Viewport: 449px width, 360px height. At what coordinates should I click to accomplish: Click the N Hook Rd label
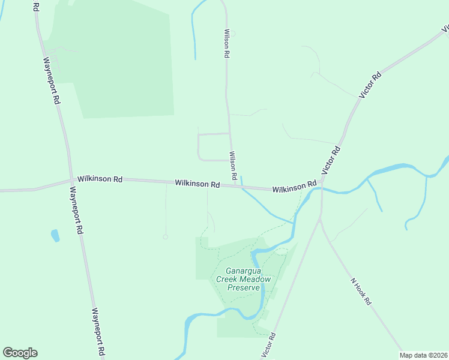tap(361, 291)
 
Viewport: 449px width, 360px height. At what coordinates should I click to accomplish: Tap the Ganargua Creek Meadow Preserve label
tap(244, 278)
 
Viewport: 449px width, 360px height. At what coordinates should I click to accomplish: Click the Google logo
tap(20, 353)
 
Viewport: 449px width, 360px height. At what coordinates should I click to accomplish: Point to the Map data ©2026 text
tap(423, 355)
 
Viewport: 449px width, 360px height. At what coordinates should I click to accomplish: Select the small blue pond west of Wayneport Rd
tap(55, 235)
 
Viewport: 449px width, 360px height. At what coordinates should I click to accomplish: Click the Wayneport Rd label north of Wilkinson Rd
tap(52, 81)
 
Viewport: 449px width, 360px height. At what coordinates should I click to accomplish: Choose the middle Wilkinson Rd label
tap(197, 184)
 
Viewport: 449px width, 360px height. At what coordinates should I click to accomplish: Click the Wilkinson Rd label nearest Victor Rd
tap(294, 188)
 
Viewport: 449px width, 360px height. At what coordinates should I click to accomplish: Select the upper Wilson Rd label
tap(227, 43)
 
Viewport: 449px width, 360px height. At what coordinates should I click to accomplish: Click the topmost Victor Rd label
tap(370, 85)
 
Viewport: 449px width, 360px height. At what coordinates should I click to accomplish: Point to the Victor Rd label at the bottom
tap(268, 346)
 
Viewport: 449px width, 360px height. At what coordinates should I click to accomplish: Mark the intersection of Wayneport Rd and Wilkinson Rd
tap(71, 179)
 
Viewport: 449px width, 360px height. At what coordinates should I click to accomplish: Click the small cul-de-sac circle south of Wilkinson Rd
tap(165, 236)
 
